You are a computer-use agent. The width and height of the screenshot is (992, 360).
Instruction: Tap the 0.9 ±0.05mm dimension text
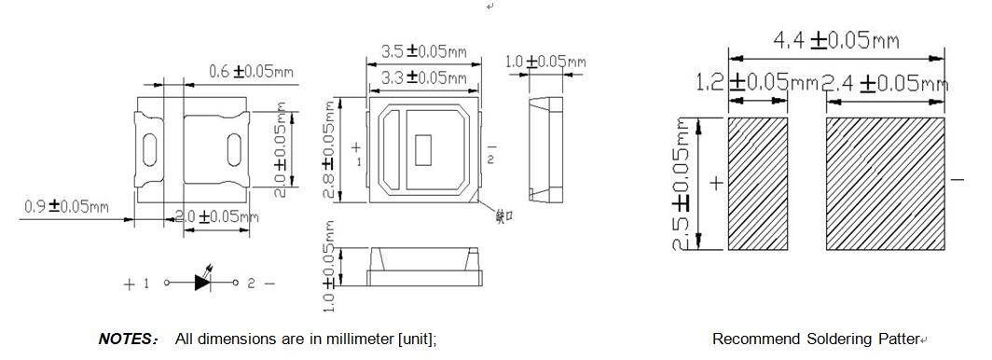(65, 205)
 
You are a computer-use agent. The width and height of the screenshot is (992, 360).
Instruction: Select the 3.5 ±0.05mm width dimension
(424, 52)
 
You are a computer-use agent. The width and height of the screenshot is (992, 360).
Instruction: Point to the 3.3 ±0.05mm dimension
(424, 77)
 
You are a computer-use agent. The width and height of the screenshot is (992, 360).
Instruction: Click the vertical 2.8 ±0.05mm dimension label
(327, 149)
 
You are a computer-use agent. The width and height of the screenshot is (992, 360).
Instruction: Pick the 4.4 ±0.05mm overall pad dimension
(835, 40)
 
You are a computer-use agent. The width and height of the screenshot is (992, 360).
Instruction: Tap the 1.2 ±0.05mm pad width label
(756, 83)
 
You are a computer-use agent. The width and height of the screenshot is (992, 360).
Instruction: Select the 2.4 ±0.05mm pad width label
(884, 83)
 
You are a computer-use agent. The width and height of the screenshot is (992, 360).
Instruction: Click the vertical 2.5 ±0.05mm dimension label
(682, 184)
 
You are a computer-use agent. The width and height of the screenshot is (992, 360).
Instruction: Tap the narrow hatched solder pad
(757, 183)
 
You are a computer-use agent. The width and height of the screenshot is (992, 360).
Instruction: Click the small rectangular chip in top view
(424, 147)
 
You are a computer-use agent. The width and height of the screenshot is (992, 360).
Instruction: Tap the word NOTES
(129, 339)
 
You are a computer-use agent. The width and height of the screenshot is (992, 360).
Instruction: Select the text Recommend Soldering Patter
(815, 339)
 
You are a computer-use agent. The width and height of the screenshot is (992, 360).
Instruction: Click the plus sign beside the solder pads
(716, 184)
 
